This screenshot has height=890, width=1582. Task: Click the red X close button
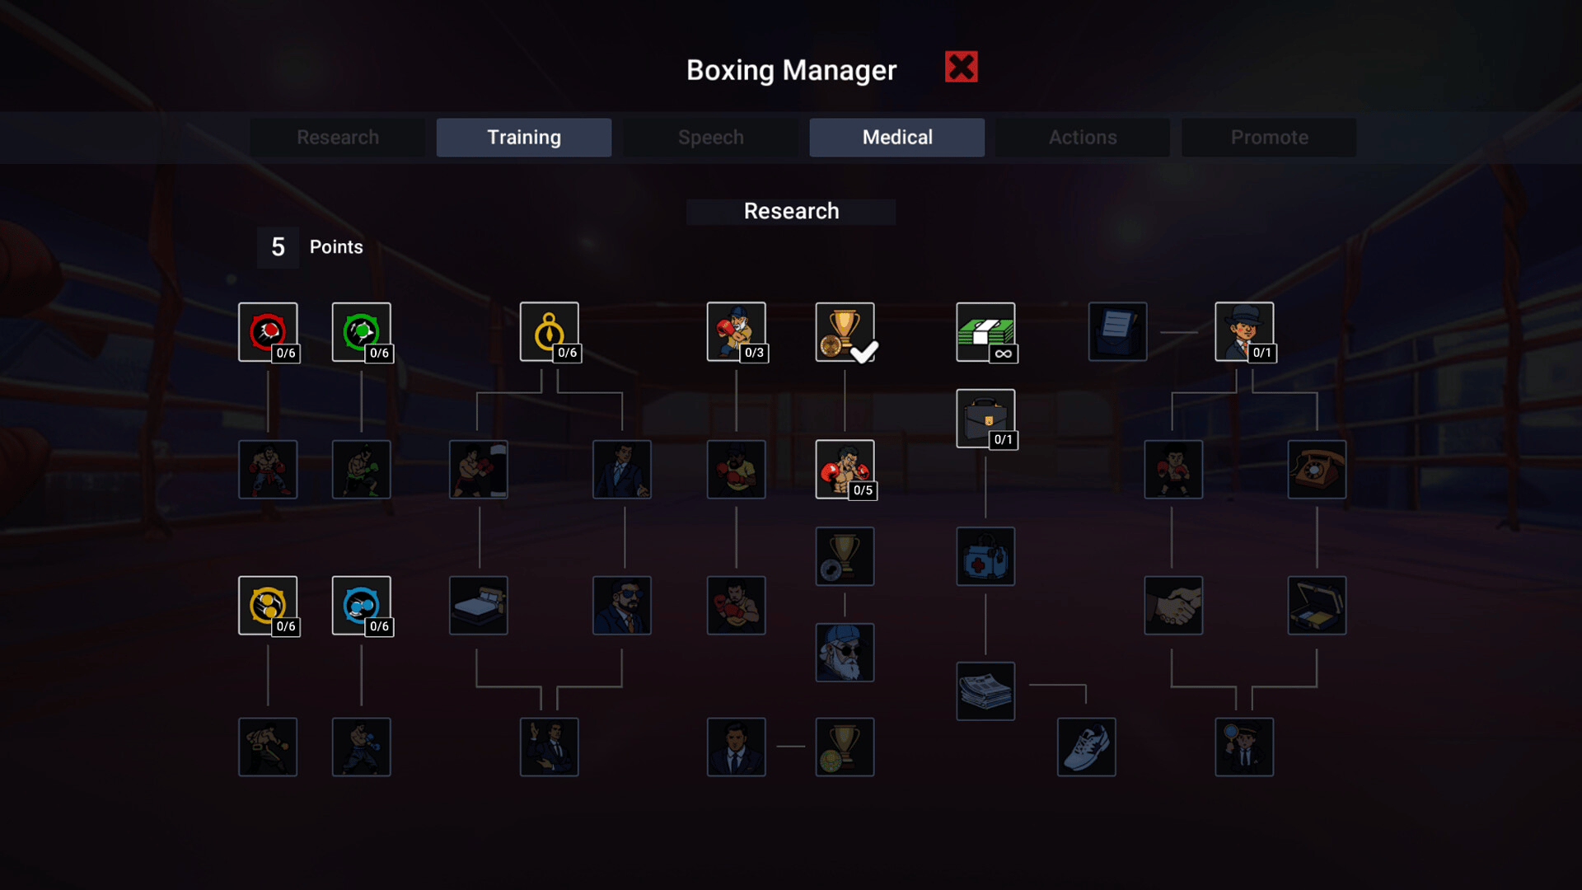click(961, 67)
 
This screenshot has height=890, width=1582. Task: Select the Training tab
click(524, 137)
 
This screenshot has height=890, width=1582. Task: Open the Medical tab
click(896, 137)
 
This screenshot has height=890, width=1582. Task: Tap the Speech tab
click(710, 137)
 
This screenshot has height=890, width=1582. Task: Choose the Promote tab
click(1269, 137)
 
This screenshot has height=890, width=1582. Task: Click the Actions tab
click(1083, 137)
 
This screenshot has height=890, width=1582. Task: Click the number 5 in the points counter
click(278, 247)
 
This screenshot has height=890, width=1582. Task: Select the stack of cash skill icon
click(985, 331)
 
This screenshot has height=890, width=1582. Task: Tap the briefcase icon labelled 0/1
click(985, 418)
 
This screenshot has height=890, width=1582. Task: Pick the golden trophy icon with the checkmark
click(845, 331)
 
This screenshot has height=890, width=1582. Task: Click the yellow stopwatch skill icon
click(549, 331)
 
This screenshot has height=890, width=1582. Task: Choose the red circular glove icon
click(268, 331)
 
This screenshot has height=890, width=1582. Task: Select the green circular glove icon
click(361, 331)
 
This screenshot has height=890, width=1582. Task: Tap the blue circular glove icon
click(361, 605)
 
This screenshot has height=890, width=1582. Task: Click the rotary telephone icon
click(1317, 470)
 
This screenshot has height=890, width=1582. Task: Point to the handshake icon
click(1173, 605)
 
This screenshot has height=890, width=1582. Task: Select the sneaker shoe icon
click(1086, 747)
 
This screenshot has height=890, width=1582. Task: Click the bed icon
click(479, 605)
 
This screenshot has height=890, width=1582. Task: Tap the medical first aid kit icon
click(985, 556)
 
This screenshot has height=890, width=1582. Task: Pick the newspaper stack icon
click(985, 691)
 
